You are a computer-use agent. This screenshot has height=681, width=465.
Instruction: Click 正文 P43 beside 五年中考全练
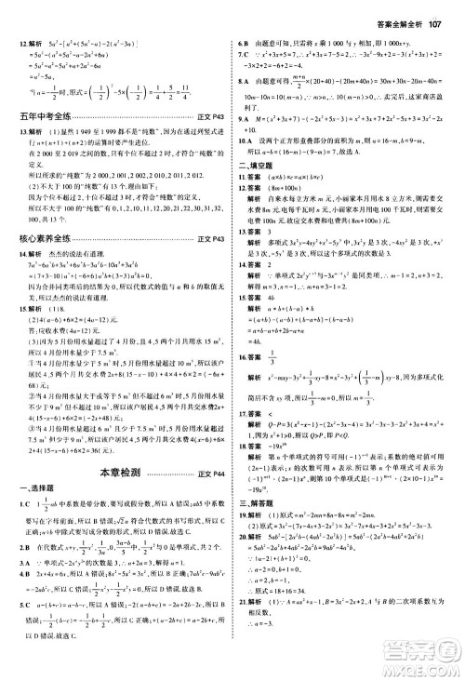[213, 142]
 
